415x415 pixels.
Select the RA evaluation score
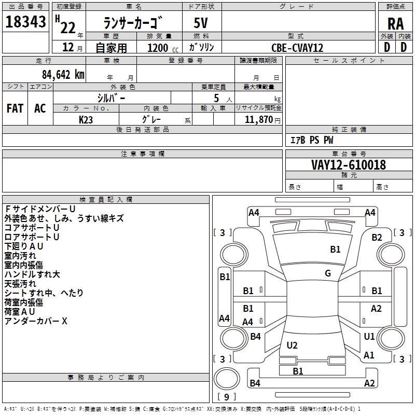(x=395, y=23)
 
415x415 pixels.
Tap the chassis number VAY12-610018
(x=348, y=165)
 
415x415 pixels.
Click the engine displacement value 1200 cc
(x=161, y=48)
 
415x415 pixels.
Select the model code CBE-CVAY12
(x=297, y=48)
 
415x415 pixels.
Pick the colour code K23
(x=86, y=119)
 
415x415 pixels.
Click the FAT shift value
(x=15, y=108)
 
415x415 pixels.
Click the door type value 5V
(x=202, y=23)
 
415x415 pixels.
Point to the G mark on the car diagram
(x=328, y=273)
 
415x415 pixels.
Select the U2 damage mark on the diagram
(x=292, y=345)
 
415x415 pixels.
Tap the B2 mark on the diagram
(x=377, y=238)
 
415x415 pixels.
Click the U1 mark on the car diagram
(x=369, y=337)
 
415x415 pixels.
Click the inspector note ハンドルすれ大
(x=32, y=274)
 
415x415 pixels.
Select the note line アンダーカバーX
(x=36, y=321)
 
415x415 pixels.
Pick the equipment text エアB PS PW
(x=311, y=140)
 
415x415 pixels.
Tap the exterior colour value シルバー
(x=112, y=98)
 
